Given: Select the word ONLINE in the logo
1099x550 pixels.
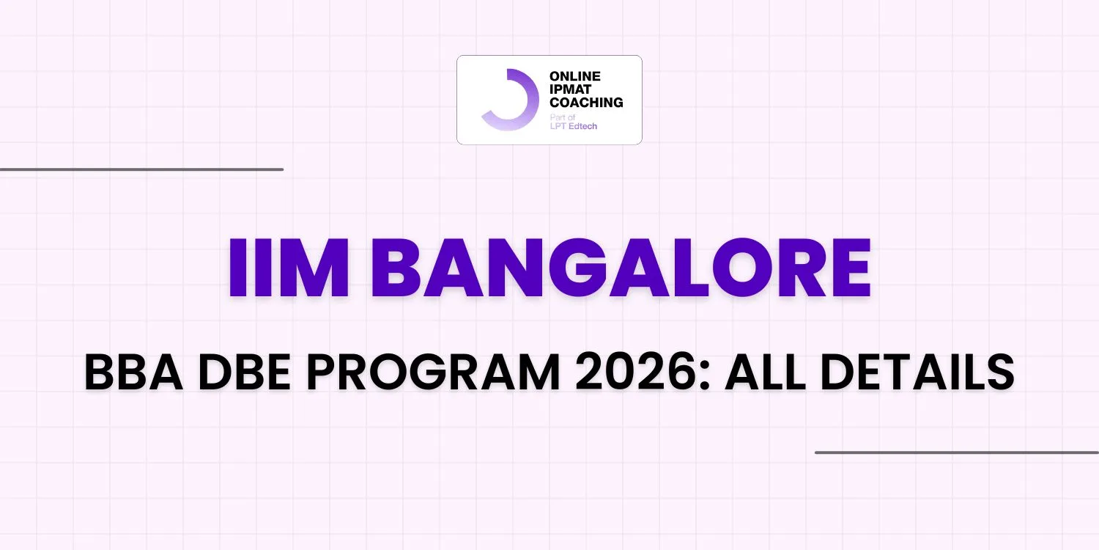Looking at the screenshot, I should tap(575, 76).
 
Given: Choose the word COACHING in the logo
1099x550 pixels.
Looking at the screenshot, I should tap(586, 103).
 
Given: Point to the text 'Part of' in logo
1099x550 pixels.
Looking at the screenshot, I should tap(562, 117).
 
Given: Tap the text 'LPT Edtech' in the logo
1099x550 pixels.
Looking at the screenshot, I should tap(573, 126).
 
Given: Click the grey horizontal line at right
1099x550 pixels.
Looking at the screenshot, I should tap(956, 452).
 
